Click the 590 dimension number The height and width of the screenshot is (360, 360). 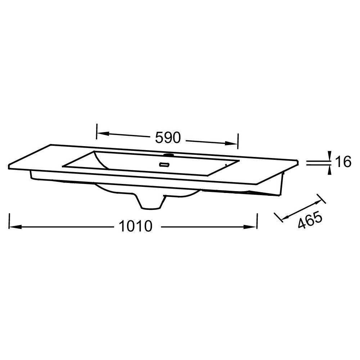point(168,138)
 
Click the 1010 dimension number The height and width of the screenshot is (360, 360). point(135,226)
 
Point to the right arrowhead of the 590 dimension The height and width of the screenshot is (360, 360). point(231,143)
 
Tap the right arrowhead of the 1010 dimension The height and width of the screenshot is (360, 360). point(250,227)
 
